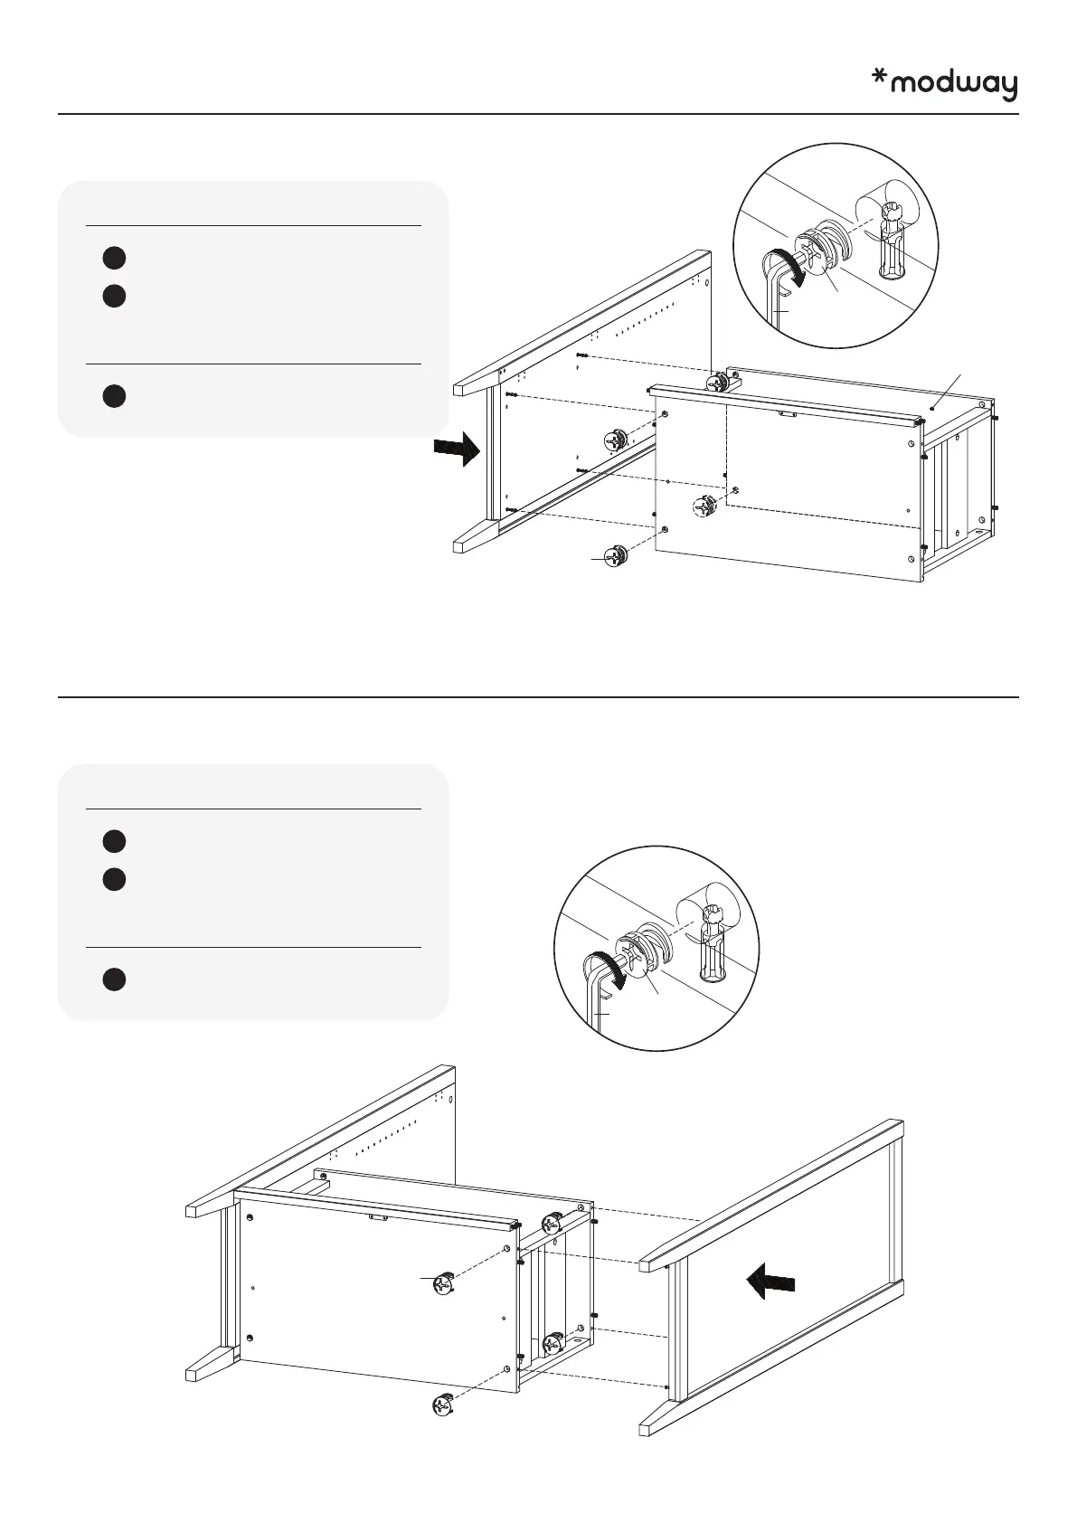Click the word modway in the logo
pyautogui.click(x=954, y=85)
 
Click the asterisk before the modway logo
pyautogui.click(x=878, y=80)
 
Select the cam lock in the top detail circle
pyautogui.click(x=824, y=247)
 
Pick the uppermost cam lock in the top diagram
pyautogui.click(x=717, y=383)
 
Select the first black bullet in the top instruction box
pyautogui.click(x=113, y=258)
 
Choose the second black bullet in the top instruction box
pyautogui.click(x=113, y=296)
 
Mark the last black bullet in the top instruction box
pyautogui.click(x=113, y=396)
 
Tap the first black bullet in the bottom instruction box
pyautogui.click(x=113, y=841)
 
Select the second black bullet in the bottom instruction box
pyautogui.click(x=113, y=879)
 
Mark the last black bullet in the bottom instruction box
pyautogui.click(x=113, y=979)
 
